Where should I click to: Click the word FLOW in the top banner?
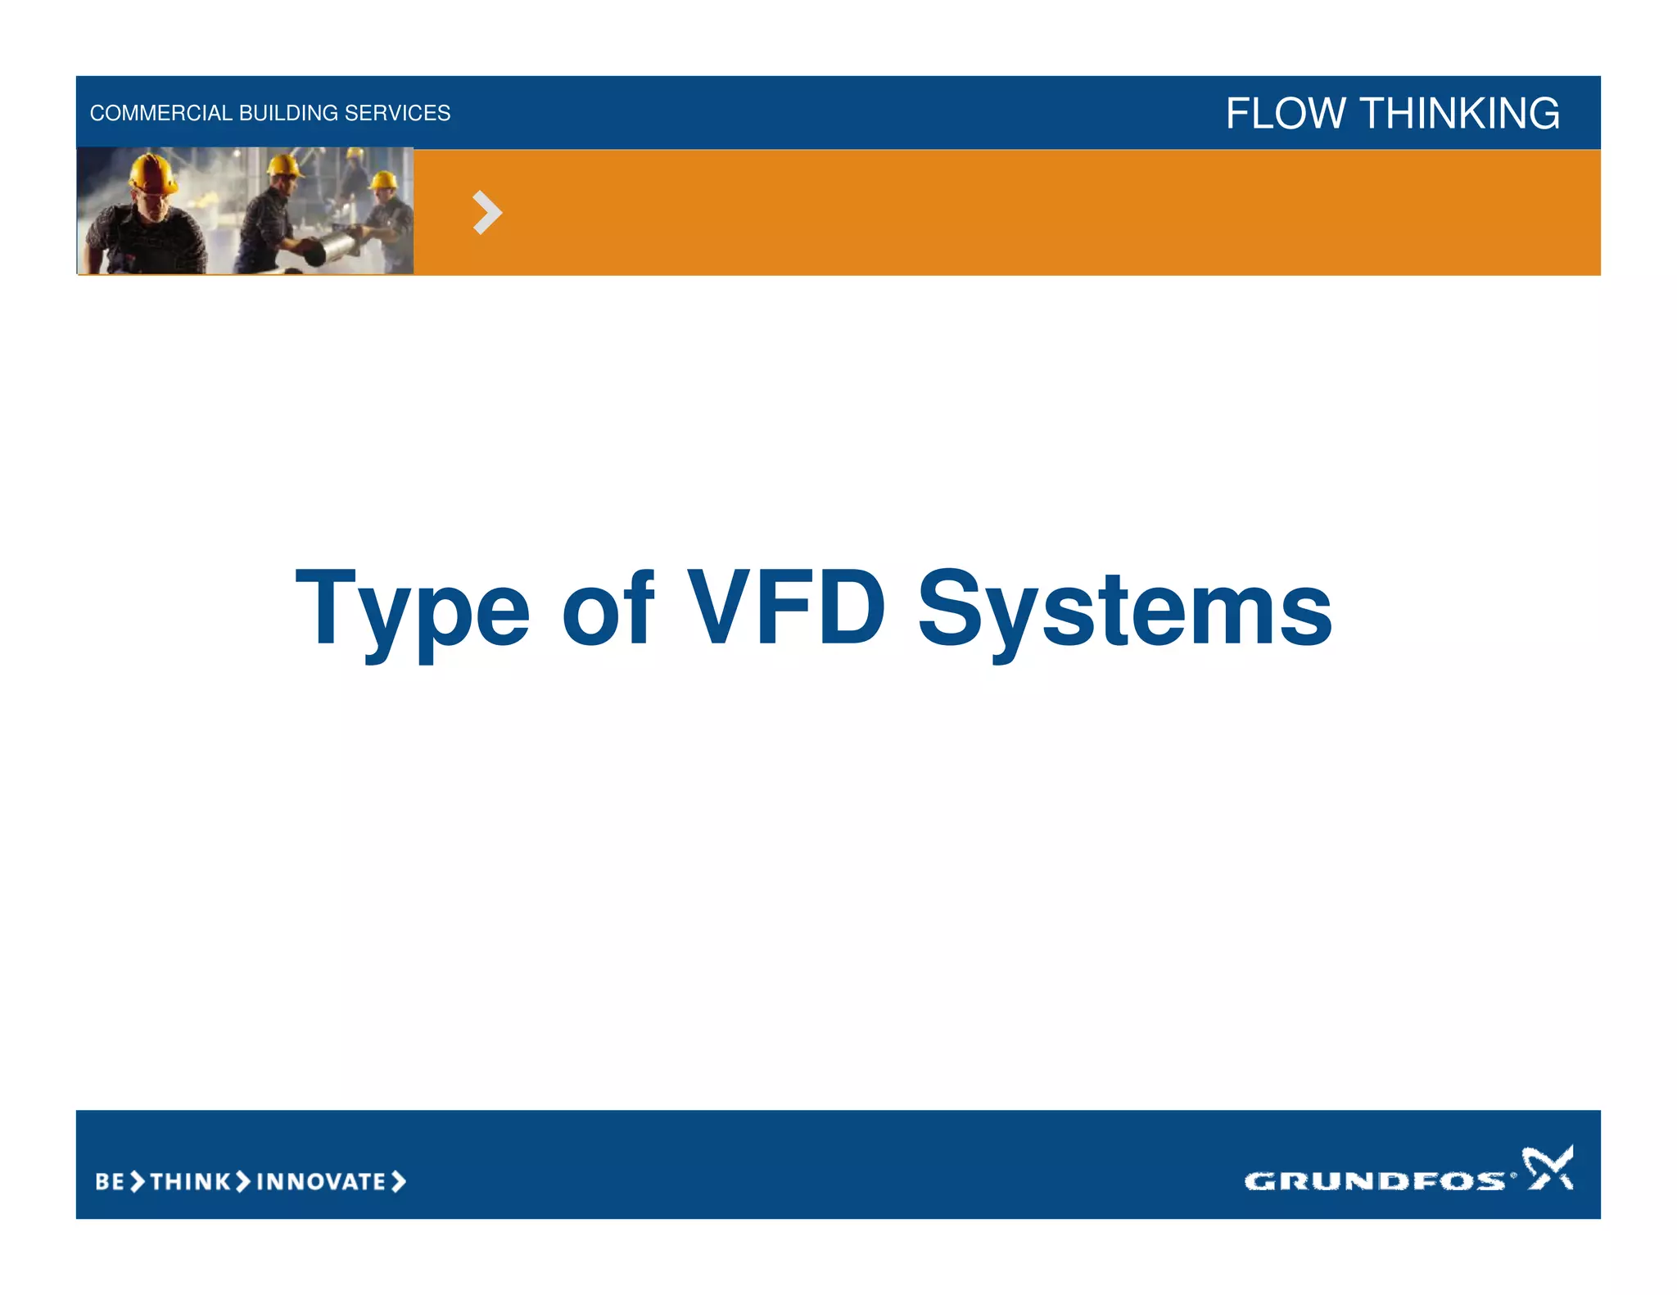coord(1286,113)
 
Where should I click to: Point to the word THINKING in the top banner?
coord(1460,113)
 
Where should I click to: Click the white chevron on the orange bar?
coord(487,213)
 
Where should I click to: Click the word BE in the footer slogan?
coord(110,1181)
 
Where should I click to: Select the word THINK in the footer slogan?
coord(191,1181)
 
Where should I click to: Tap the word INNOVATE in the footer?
coord(321,1181)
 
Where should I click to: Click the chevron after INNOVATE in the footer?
coord(399,1181)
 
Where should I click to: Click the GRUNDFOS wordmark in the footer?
coord(1374,1180)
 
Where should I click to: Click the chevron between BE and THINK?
coord(138,1181)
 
